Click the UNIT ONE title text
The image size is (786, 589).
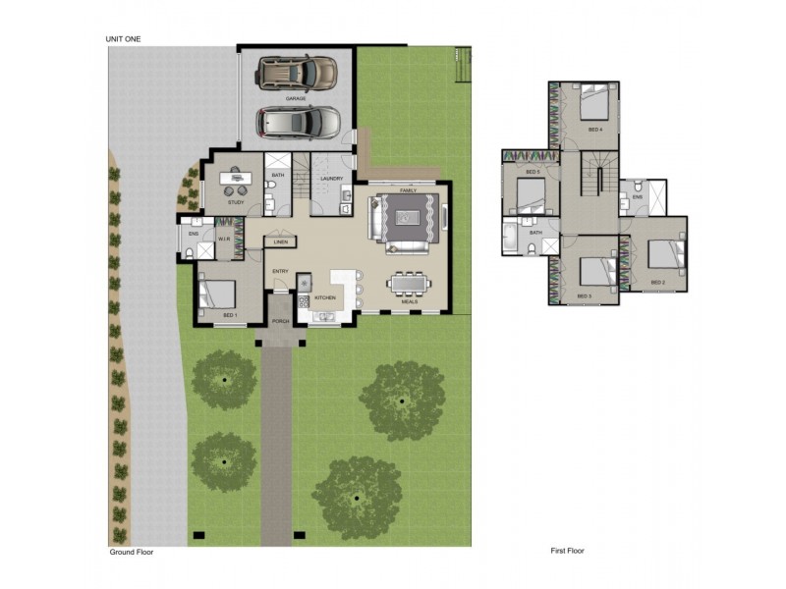coord(125,38)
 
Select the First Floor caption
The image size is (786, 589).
coord(569,551)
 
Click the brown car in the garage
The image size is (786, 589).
coord(298,72)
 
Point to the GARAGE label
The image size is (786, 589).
coord(295,99)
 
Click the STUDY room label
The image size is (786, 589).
coord(236,202)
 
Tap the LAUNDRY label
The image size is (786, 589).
coord(330,178)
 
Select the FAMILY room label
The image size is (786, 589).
coord(408,189)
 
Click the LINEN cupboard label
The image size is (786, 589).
coord(281,241)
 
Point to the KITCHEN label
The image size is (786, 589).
coord(325,297)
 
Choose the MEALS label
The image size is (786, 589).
coord(409,301)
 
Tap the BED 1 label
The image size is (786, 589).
coord(230,315)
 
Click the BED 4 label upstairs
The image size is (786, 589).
coord(594,130)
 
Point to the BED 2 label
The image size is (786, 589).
coord(657,283)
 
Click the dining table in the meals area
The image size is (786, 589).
coord(409,284)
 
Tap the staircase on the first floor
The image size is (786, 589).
coord(592,182)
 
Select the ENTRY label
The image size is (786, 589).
coord(280,272)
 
